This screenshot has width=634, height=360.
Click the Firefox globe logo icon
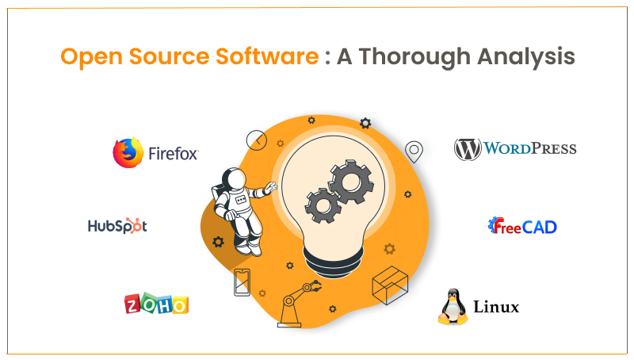point(128,153)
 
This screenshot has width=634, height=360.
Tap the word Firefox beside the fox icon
point(173,154)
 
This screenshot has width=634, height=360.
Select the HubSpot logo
point(117,226)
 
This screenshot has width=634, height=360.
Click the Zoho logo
point(156,304)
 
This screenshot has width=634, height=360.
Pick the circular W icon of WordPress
point(468,149)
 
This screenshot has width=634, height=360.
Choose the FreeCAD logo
point(522,227)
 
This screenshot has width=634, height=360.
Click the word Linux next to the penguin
point(496,307)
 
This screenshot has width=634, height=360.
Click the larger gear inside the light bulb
point(350,182)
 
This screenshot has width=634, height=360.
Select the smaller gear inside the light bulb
point(322,205)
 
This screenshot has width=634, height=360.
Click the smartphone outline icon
point(243,282)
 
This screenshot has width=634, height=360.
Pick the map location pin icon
point(414,150)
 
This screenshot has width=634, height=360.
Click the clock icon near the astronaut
point(257,140)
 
